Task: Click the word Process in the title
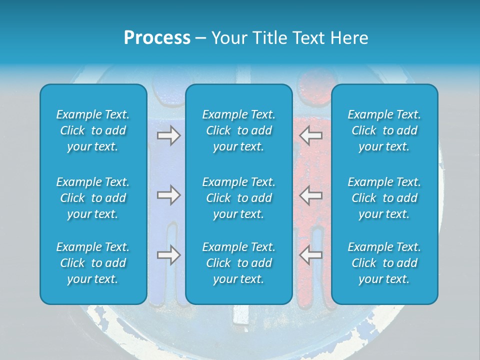click(157, 38)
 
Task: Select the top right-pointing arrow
click(169, 135)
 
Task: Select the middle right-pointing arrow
click(169, 195)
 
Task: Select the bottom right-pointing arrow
click(169, 255)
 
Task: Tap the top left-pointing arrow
click(310, 135)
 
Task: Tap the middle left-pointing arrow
click(310, 195)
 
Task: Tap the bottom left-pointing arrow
click(310, 255)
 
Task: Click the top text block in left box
click(93, 130)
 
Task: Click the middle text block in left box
click(93, 198)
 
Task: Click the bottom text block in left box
click(93, 263)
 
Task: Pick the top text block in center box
click(239, 130)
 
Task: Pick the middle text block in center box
click(239, 198)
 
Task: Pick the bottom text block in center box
click(239, 263)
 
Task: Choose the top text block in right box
click(384, 130)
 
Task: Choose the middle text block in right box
click(384, 198)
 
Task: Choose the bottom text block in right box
click(384, 263)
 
